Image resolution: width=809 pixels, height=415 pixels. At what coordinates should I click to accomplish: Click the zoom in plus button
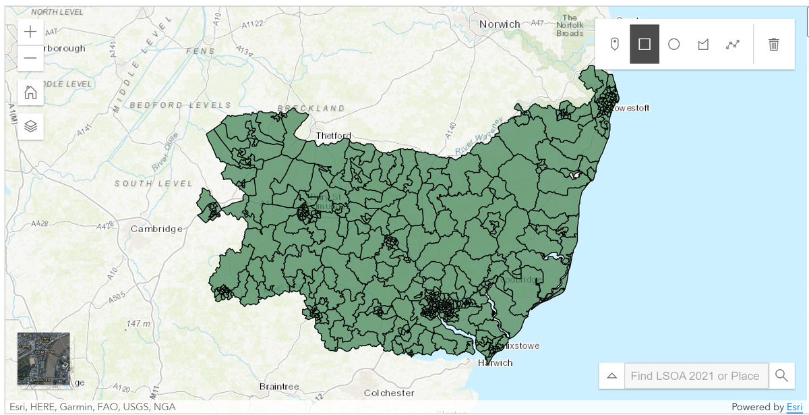[x=30, y=32]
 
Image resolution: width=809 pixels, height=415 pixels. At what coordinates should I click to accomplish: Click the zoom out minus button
[x=30, y=58]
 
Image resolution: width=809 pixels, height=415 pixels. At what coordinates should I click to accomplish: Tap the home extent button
[x=30, y=92]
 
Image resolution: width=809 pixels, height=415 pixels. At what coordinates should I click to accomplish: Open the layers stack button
[x=30, y=126]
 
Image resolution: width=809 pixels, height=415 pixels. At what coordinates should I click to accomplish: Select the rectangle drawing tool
[x=645, y=45]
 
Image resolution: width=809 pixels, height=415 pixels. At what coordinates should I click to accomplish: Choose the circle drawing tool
[x=673, y=45]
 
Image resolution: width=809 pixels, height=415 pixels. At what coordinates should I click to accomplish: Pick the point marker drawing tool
[x=615, y=45]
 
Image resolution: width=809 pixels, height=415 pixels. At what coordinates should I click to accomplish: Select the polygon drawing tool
[x=703, y=45]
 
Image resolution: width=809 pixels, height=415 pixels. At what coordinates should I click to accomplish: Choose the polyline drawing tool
[x=733, y=45]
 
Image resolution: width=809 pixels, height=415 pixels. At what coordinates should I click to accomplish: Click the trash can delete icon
[x=774, y=45]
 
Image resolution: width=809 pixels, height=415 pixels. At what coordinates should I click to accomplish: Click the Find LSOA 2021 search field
[x=696, y=376]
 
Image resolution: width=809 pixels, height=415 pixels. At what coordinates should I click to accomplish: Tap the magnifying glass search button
[x=781, y=376]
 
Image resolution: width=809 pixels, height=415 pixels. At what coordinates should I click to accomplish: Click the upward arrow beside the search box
[x=612, y=376]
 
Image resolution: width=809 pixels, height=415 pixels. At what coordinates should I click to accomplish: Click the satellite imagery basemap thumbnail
[x=43, y=358]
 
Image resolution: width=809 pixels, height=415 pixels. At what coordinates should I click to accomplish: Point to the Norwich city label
[x=500, y=24]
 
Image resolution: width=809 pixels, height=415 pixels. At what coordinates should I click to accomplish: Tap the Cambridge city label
[x=156, y=229]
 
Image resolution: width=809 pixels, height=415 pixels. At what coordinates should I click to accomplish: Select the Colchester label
[x=390, y=393]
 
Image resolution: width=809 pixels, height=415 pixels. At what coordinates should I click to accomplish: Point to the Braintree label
[x=279, y=387]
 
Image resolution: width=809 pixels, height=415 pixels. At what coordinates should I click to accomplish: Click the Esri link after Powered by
[x=795, y=407]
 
